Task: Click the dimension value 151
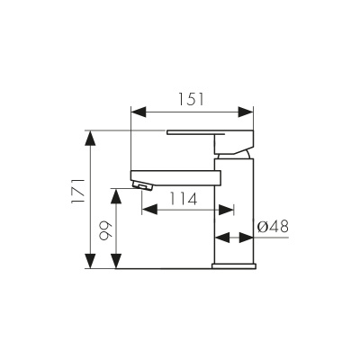190,99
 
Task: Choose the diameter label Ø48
271,228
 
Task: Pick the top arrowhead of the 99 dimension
114,193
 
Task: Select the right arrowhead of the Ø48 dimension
249,239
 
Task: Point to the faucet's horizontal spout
175,175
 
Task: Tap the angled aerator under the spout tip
141,186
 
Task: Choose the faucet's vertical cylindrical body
236,207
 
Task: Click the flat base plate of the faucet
235,265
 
